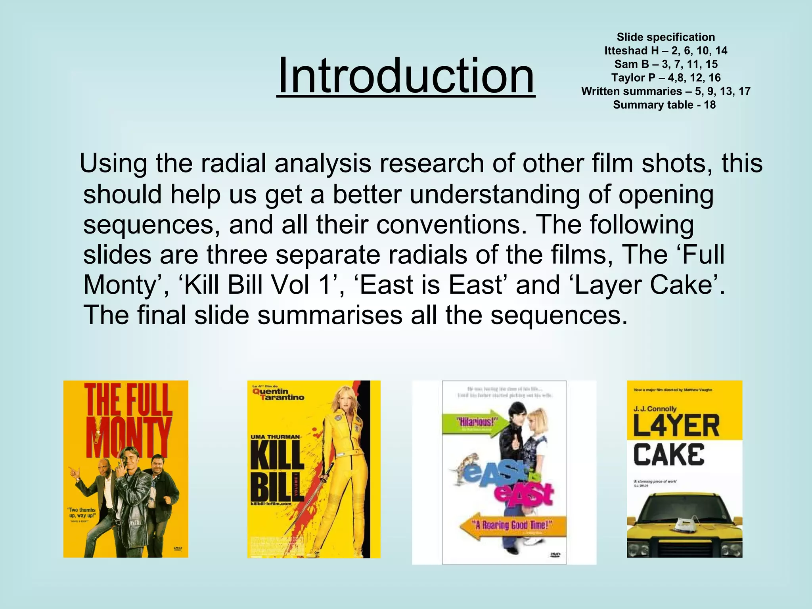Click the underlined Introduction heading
(x=406, y=75)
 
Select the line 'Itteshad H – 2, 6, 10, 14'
(x=666, y=51)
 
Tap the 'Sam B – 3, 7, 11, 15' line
(x=666, y=64)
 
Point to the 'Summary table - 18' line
(x=664, y=105)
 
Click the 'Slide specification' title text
(x=666, y=37)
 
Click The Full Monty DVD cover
(x=126, y=469)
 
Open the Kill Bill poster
(x=314, y=469)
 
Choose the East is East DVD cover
(x=504, y=472)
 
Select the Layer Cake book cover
(x=684, y=469)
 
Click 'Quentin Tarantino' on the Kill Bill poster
(x=278, y=395)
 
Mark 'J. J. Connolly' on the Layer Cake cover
(x=655, y=408)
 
